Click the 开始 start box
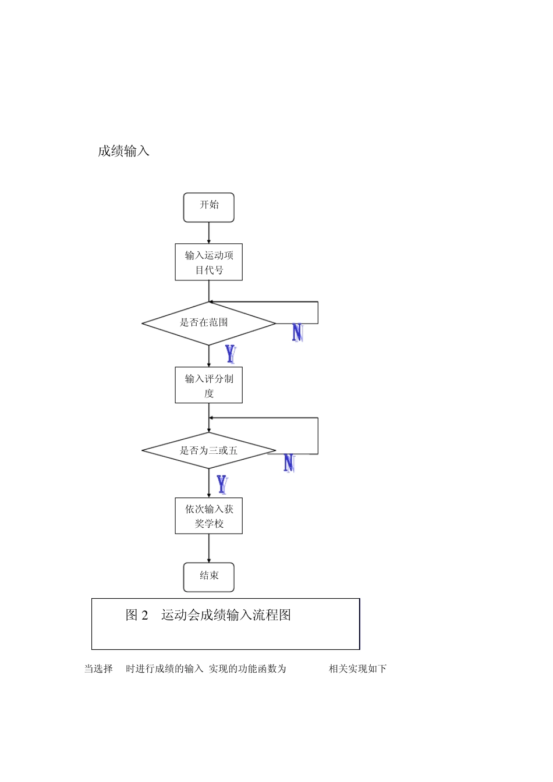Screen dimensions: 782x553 208,207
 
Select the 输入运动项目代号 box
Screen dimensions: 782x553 208,262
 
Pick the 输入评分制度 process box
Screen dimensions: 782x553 208,385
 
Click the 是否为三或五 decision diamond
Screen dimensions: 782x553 208,450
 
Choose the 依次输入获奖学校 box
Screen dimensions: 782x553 208,516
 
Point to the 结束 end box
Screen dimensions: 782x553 208,577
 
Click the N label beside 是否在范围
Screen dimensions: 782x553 297,333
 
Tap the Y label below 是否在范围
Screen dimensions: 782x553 231,354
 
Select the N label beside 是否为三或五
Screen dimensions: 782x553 289,463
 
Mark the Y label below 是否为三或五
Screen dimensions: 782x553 222,484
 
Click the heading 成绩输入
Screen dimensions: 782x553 123,151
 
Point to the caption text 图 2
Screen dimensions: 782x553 137,615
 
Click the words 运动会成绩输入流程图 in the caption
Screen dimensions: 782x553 226,615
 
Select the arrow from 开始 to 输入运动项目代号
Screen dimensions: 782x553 208,233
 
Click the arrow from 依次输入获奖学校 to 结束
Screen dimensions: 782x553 208,548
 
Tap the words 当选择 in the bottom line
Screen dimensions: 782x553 98,669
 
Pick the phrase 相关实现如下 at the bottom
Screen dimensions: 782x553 357,669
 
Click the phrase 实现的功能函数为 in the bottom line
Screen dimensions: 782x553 247,669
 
